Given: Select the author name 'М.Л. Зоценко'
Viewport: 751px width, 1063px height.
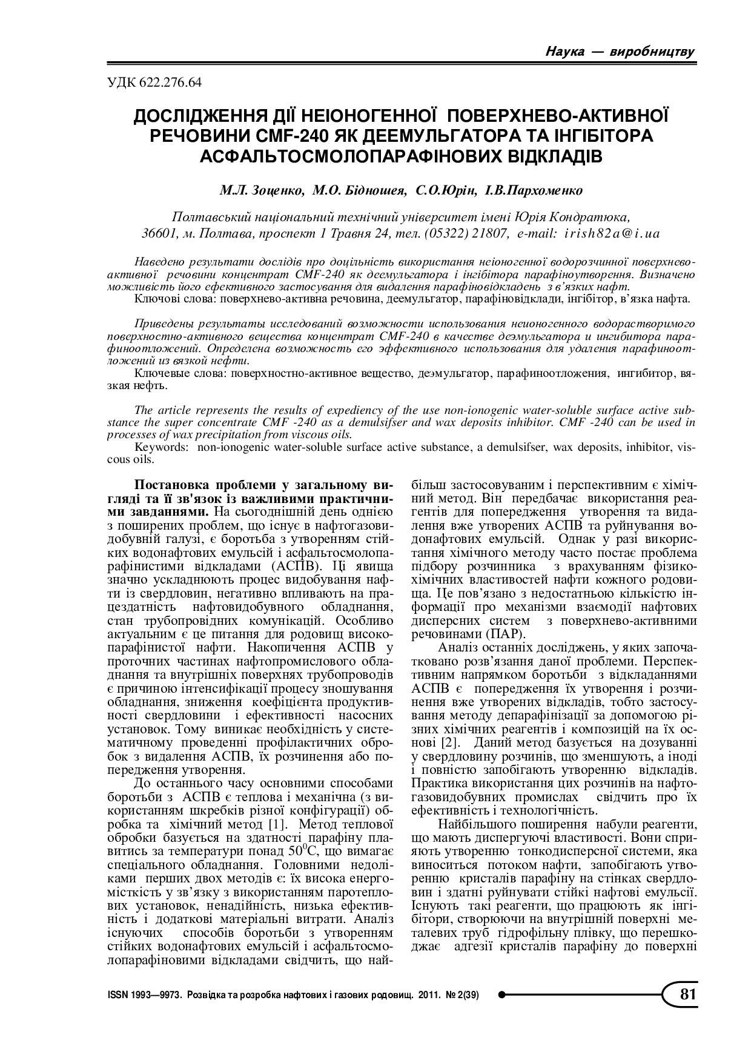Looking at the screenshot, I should (x=261, y=190).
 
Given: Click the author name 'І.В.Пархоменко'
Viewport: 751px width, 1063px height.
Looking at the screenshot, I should (x=534, y=190).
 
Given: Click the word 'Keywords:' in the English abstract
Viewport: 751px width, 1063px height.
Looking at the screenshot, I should (x=159, y=447).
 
